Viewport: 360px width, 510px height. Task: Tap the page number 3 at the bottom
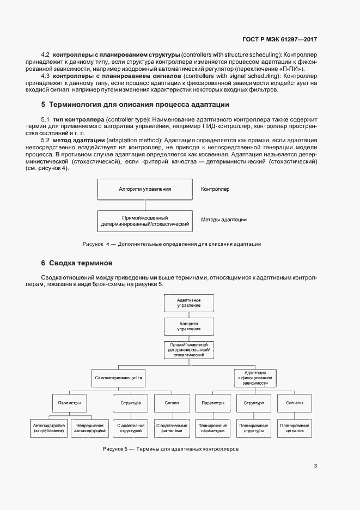coord(315,465)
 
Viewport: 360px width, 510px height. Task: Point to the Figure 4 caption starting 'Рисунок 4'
coord(172,244)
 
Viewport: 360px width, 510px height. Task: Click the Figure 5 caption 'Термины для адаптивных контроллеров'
coord(170,450)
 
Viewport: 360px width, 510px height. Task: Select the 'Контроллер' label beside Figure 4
coord(215,189)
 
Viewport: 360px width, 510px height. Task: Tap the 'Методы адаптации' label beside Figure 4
coord(223,220)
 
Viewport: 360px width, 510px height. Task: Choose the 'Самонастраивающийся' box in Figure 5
coord(118,377)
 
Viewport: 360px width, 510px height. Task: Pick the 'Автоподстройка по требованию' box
coord(49,428)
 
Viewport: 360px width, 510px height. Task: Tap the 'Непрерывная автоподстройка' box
coord(87,428)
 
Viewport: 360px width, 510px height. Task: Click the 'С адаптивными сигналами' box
coord(172,428)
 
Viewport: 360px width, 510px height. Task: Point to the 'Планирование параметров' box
coord(212,428)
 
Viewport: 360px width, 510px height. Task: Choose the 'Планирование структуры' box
coord(254,428)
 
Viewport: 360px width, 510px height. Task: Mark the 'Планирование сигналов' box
coord(295,428)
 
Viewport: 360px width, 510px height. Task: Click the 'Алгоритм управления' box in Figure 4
coord(145,189)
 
